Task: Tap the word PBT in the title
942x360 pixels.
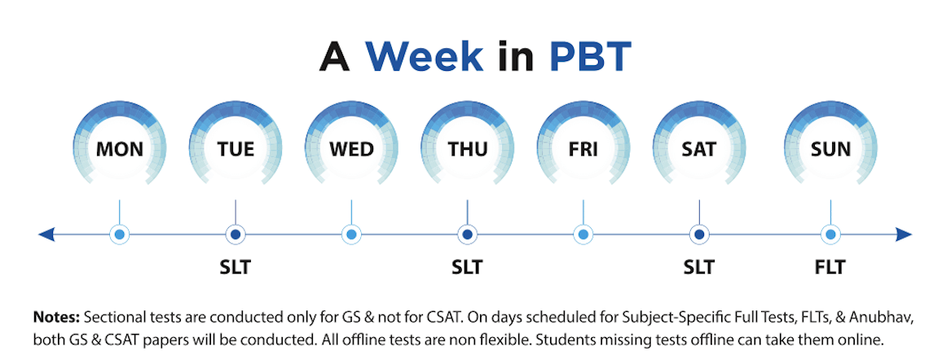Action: point(590,57)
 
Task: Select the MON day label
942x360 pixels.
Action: point(120,148)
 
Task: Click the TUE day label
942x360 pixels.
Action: point(236,148)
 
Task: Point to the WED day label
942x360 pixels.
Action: point(351,148)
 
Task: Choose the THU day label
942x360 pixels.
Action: point(468,148)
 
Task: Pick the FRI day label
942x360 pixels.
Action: point(583,148)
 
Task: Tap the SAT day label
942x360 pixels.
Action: point(699,148)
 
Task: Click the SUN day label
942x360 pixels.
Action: point(830,148)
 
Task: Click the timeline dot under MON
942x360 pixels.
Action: point(120,234)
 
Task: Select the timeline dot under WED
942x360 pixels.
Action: point(351,234)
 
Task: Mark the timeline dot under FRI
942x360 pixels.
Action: point(583,234)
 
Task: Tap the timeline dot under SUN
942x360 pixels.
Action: point(830,234)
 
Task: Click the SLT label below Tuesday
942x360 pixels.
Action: point(235,267)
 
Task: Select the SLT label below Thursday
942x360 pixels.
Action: point(467,267)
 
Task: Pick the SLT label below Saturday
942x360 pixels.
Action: point(698,267)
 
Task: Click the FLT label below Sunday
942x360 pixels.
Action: point(830,267)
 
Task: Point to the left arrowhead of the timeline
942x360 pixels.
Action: point(46,234)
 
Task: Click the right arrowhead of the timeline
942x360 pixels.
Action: point(905,234)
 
